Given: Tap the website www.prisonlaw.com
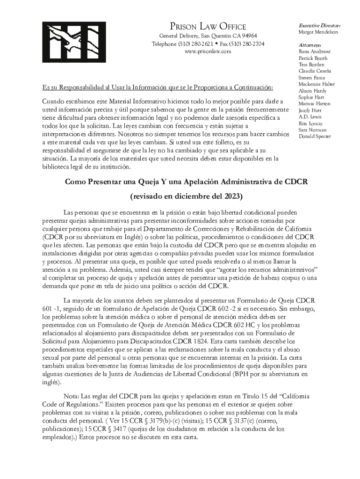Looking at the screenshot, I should [208, 51].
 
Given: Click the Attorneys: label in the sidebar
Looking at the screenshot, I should [310, 45].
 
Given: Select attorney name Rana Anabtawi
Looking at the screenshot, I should [315, 51].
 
